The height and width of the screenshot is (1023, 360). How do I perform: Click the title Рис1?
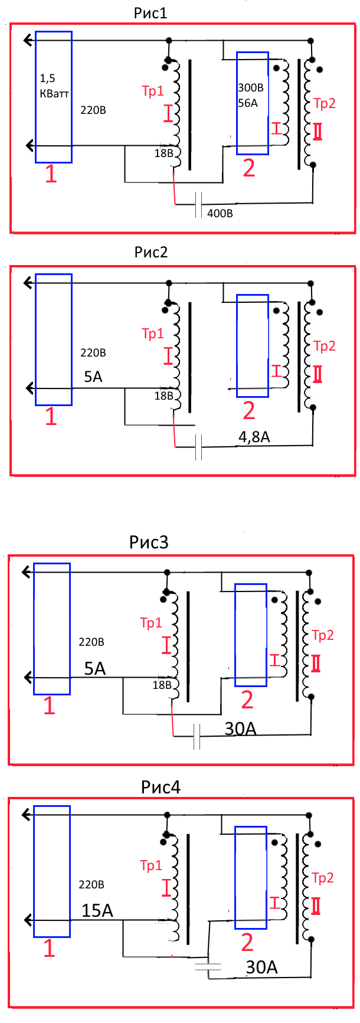(150, 13)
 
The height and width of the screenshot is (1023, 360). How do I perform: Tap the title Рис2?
(151, 253)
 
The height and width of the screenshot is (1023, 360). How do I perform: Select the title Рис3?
(149, 542)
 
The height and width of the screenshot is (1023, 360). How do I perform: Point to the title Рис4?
(161, 787)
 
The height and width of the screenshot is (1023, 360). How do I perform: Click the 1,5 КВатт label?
(54, 86)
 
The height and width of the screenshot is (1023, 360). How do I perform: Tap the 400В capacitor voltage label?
(220, 213)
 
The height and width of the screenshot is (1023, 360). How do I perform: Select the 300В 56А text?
(250, 96)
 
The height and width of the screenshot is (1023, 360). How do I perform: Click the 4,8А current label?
(254, 437)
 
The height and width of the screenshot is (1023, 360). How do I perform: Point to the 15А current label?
(97, 911)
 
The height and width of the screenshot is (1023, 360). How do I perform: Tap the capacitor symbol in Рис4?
(208, 966)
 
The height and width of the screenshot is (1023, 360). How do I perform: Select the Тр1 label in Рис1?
(152, 91)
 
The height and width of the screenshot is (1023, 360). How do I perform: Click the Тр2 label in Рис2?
(324, 346)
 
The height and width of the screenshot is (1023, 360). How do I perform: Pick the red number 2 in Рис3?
(247, 700)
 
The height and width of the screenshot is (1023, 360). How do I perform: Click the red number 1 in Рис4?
(49, 948)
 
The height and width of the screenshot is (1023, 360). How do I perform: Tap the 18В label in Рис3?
(162, 685)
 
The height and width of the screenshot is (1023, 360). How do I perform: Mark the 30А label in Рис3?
(240, 729)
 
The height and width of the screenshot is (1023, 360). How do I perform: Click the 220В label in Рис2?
(93, 353)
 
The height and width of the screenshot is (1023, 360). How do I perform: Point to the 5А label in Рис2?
(93, 377)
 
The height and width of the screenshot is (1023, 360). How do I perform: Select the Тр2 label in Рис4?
(322, 878)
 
